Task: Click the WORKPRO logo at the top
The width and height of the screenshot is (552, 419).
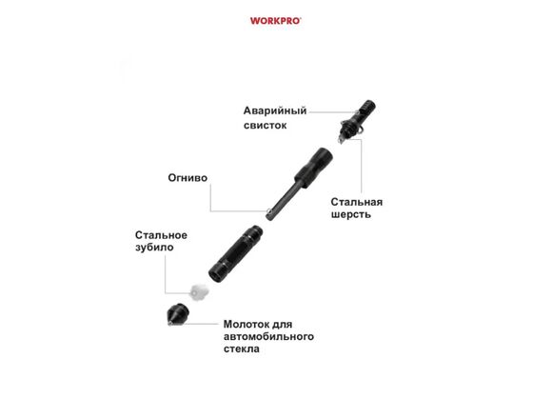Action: (x=276, y=21)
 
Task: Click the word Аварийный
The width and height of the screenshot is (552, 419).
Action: (x=275, y=111)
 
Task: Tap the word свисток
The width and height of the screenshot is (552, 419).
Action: (x=266, y=126)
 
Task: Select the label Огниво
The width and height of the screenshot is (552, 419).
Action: (x=187, y=178)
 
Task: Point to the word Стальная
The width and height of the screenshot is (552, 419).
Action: (x=357, y=202)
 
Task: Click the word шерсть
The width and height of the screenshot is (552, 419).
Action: (x=350, y=214)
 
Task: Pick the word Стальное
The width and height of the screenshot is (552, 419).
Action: (x=161, y=235)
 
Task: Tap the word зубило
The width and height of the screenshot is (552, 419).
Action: (x=154, y=248)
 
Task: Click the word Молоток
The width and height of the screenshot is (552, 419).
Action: (x=247, y=324)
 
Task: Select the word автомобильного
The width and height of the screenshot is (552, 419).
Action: (x=268, y=336)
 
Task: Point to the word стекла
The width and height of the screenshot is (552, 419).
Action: (x=242, y=349)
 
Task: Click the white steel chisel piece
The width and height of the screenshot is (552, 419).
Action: (x=199, y=291)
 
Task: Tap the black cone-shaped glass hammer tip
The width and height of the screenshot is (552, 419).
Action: (x=178, y=313)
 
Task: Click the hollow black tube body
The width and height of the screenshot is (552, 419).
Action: (x=235, y=253)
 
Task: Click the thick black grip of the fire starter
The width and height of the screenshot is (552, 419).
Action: (x=313, y=168)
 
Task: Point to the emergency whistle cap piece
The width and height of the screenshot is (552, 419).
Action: (x=357, y=121)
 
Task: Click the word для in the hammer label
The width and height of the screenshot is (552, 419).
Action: (x=284, y=325)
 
